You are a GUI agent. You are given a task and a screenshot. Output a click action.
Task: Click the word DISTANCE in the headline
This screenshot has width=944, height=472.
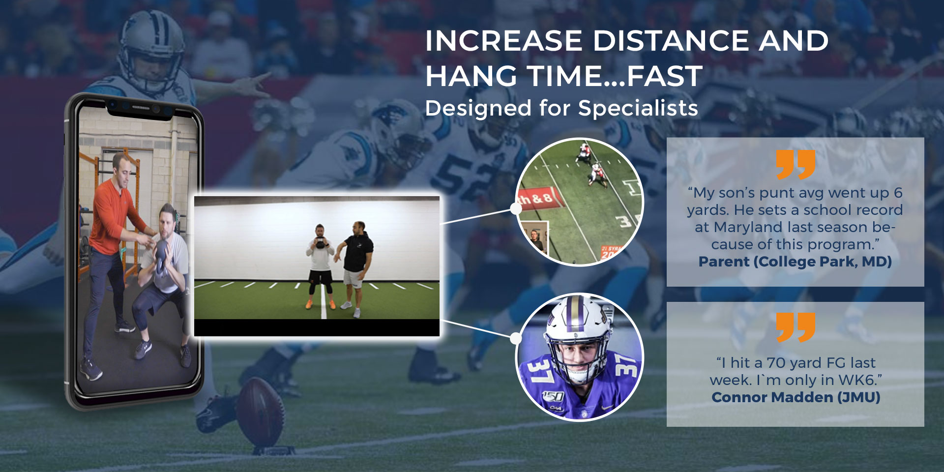click(x=672, y=40)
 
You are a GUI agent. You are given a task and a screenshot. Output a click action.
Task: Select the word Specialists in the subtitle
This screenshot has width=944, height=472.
click(x=638, y=108)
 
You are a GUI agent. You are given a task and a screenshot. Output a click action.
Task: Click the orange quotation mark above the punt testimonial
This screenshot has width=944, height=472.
click(x=796, y=165)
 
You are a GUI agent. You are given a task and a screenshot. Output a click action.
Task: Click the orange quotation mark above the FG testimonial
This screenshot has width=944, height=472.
click(x=796, y=327)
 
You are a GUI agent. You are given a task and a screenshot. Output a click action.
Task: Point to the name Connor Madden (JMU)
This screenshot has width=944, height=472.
click(x=796, y=397)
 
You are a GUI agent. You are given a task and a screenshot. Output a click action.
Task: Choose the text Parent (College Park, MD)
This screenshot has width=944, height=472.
click(x=795, y=262)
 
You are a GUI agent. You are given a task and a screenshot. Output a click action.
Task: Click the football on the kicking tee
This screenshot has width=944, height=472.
click(x=261, y=411)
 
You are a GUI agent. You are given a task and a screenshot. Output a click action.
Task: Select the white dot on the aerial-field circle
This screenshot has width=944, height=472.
click(x=516, y=208)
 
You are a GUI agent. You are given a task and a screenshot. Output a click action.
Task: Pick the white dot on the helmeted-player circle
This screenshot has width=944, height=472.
click(x=516, y=338)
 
